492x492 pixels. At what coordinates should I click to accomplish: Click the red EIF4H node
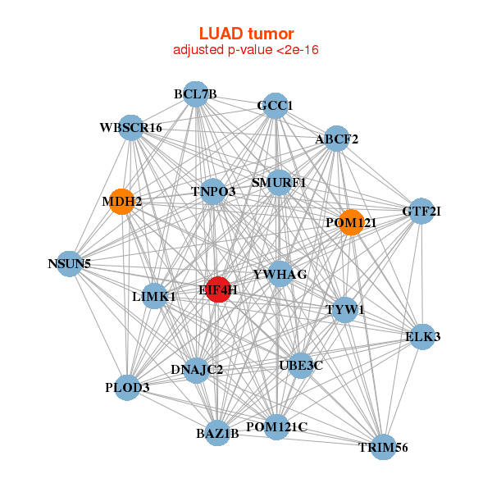pos(217,289)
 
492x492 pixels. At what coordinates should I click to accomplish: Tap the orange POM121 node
pos(351,222)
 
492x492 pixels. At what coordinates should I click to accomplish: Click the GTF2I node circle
pos(421,211)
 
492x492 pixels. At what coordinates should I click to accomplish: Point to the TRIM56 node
pos(383,447)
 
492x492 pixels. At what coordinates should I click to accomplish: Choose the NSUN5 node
pos(70,264)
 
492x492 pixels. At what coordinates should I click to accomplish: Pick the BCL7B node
pos(195,93)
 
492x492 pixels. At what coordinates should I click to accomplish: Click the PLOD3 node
pos(127,387)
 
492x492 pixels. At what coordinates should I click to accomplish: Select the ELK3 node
pos(422,336)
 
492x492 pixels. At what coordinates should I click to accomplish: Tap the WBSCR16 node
pos(131,128)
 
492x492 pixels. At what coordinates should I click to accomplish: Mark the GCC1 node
pos(276,106)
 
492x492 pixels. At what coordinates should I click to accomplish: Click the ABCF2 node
pos(337,139)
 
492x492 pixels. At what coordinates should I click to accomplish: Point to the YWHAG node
pos(280,274)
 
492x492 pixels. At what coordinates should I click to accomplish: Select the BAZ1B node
pos(217,433)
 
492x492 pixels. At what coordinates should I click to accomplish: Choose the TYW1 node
pos(345,309)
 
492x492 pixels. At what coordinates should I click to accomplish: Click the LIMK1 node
pos(154,296)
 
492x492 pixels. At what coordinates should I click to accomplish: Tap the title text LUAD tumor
pos(246,34)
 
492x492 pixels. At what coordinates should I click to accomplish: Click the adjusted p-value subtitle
pos(246,50)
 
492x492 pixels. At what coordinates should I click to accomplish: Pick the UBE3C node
pos(301,365)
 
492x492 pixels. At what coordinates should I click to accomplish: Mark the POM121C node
pos(276,426)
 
